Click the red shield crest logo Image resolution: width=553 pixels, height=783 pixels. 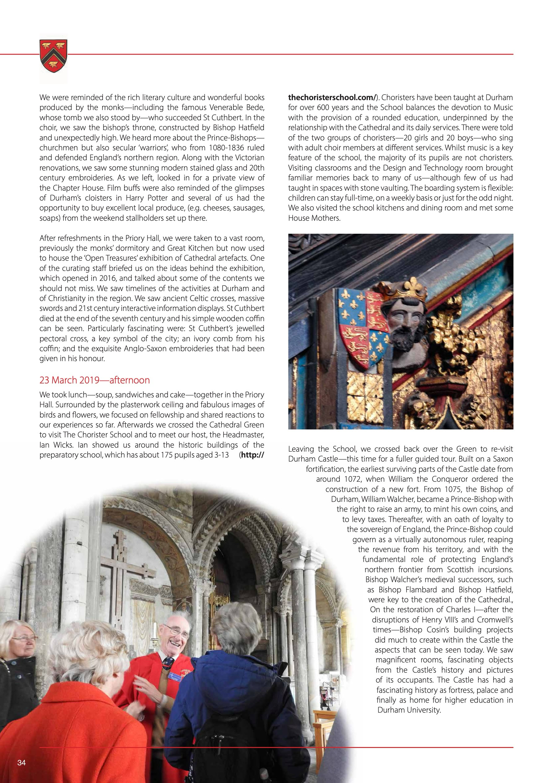pos(54,55)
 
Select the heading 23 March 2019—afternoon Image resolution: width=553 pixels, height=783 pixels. pos(94,380)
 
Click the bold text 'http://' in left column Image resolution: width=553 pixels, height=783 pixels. pos(252,455)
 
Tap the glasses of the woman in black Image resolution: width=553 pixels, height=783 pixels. pos(24,638)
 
